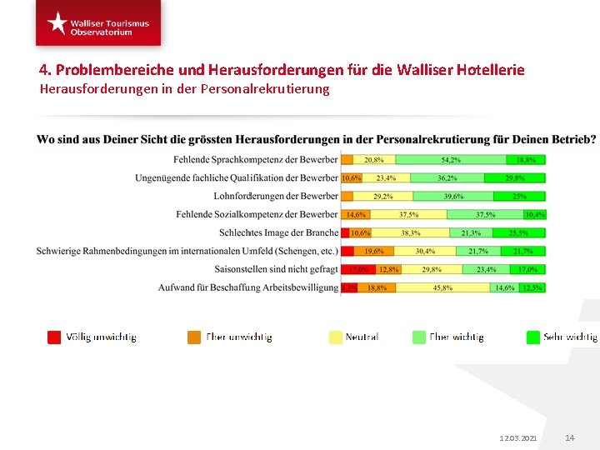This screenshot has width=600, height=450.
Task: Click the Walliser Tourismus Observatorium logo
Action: point(98,23)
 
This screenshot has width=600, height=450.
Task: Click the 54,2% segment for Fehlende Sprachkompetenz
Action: point(451,159)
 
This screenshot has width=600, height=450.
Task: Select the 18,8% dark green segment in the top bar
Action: point(526,159)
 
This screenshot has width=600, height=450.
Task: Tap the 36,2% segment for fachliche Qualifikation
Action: point(447,177)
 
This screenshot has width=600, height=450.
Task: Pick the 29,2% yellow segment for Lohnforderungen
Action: point(382,196)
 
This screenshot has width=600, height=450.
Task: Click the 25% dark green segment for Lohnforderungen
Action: point(519,196)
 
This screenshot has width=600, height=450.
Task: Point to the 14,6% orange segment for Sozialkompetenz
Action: point(356,214)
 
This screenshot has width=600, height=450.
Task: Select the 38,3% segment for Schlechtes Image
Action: point(410,232)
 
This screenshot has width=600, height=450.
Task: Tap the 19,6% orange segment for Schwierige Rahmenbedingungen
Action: point(373,251)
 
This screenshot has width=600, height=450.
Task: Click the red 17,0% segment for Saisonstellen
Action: point(358,269)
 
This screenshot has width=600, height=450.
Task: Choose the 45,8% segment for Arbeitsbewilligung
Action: point(442,287)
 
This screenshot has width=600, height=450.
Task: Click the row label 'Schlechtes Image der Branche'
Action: point(278,232)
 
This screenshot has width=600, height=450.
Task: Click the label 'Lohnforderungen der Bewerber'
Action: point(276,196)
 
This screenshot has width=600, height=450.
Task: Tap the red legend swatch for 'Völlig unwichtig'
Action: point(54,337)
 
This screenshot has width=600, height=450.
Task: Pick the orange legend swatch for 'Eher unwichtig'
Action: point(194,337)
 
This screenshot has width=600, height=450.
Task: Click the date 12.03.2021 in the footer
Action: point(517,437)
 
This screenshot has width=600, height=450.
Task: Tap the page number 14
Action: point(570,437)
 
